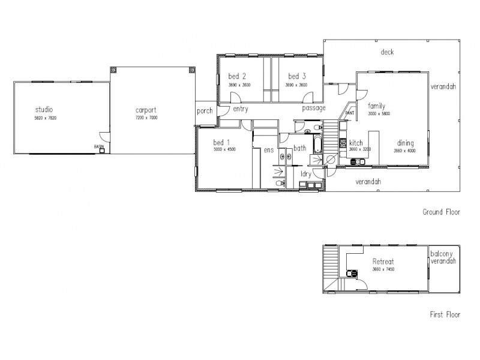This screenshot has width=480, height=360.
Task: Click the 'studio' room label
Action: (x=44, y=109)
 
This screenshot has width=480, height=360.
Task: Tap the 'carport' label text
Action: (x=146, y=110)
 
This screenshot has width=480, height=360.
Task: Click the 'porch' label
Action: (x=205, y=111)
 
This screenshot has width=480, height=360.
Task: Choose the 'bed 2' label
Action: (x=237, y=76)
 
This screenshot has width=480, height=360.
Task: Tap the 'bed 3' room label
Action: (x=297, y=76)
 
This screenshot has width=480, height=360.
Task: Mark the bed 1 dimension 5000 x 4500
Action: (x=224, y=149)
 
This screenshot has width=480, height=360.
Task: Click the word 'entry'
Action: (x=241, y=109)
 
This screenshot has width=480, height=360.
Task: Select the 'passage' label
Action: (x=313, y=108)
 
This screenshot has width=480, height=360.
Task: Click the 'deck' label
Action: (x=387, y=52)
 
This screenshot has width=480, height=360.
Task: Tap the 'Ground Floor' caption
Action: (x=440, y=212)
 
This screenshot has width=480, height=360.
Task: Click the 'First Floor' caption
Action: (x=445, y=314)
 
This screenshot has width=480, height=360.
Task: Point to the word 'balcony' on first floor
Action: (x=443, y=254)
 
